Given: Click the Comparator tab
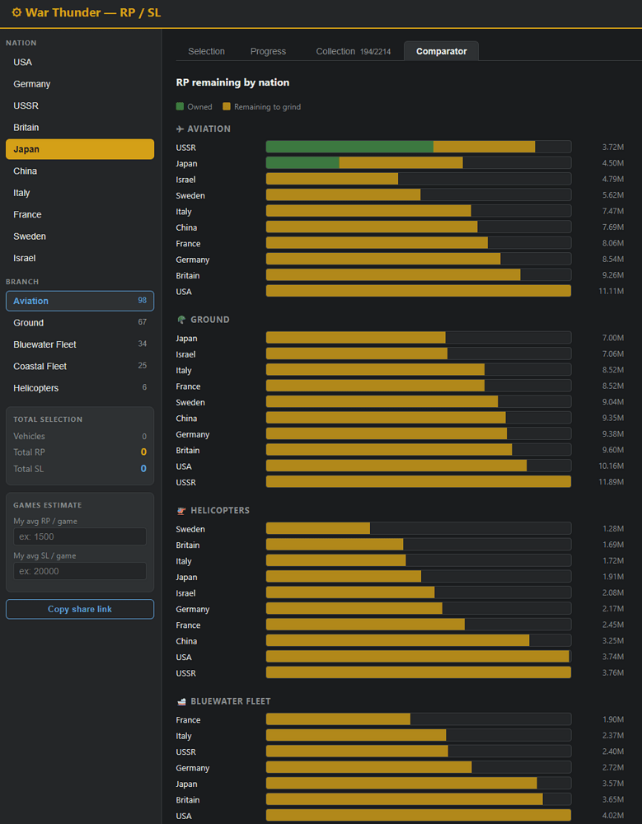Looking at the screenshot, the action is [x=441, y=51].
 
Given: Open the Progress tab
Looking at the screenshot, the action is [x=268, y=51].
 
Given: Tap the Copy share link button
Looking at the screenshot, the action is [x=80, y=609].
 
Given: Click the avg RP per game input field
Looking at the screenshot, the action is [x=80, y=536].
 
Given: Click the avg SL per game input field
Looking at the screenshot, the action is [x=80, y=571].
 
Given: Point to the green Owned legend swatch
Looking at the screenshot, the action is [x=180, y=106].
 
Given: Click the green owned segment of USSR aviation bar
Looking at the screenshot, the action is [x=349, y=147].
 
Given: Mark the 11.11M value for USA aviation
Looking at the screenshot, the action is [x=611, y=291].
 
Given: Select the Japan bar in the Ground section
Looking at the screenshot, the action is [x=355, y=338].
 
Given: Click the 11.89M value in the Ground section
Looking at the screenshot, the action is [x=611, y=482].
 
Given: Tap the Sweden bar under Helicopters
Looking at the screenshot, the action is [x=317, y=529].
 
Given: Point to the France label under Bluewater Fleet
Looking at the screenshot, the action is [x=188, y=720].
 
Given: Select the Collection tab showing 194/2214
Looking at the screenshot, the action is [x=353, y=51].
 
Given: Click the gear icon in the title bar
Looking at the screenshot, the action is [x=16, y=12].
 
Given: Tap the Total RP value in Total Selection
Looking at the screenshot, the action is [x=143, y=452].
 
